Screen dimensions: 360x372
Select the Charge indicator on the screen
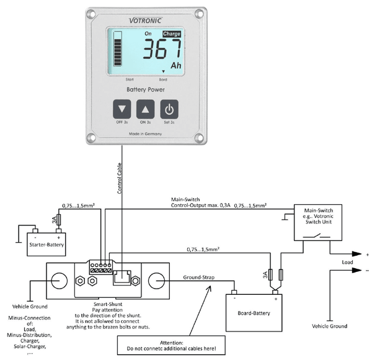pyautogui.click(x=172, y=34)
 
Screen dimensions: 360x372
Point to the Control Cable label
pyautogui.click(x=119, y=179)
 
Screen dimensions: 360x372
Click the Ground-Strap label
pyautogui.click(x=199, y=277)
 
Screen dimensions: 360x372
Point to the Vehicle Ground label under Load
pyautogui.click(x=329, y=326)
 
